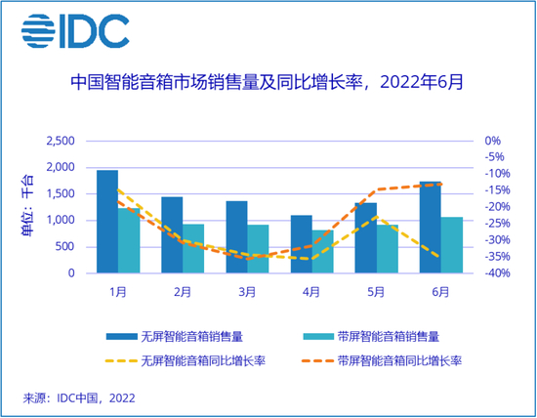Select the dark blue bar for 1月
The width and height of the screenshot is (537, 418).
click(x=107, y=222)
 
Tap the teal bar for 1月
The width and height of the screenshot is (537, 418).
click(x=129, y=240)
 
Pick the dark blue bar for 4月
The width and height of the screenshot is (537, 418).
click(x=301, y=244)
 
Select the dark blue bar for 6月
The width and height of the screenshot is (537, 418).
click(x=430, y=227)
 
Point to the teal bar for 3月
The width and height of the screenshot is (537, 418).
click(x=258, y=249)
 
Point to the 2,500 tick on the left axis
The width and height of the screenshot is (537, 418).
click(x=61, y=141)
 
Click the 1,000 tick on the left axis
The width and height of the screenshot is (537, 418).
click(x=61, y=221)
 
